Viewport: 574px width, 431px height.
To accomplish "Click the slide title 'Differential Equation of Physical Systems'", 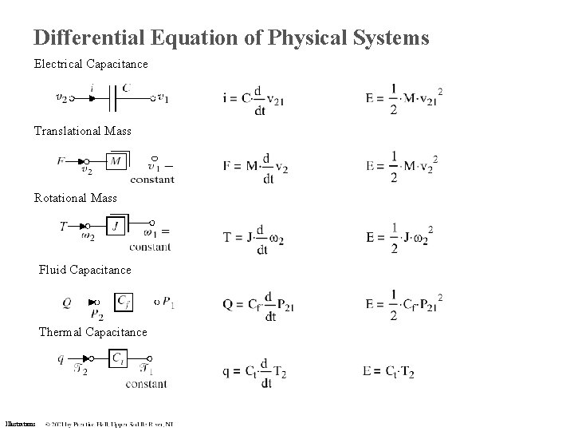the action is tap(231, 38).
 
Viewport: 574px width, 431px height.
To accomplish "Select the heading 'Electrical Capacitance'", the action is tap(90, 62).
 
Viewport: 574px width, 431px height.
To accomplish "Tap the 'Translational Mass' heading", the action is tap(82, 130).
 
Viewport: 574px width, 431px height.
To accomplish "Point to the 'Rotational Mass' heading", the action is tap(75, 197).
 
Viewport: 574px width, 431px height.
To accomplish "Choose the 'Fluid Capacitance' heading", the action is tap(85, 270).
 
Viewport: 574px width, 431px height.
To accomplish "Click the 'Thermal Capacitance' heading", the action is tap(92, 331).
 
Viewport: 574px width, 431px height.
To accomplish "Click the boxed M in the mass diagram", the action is tap(116, 161).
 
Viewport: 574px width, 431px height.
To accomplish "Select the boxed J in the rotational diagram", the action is tap(116, 227).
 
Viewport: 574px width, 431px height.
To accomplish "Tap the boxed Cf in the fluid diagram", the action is tap(124, 302).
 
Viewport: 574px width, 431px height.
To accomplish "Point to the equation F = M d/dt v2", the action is tap(256, 167).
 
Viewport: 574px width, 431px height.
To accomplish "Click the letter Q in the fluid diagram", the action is tap(67, 302).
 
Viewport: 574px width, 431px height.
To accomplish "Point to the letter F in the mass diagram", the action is tap(61, 161).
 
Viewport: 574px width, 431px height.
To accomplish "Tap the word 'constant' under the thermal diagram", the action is tap(147, 384).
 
